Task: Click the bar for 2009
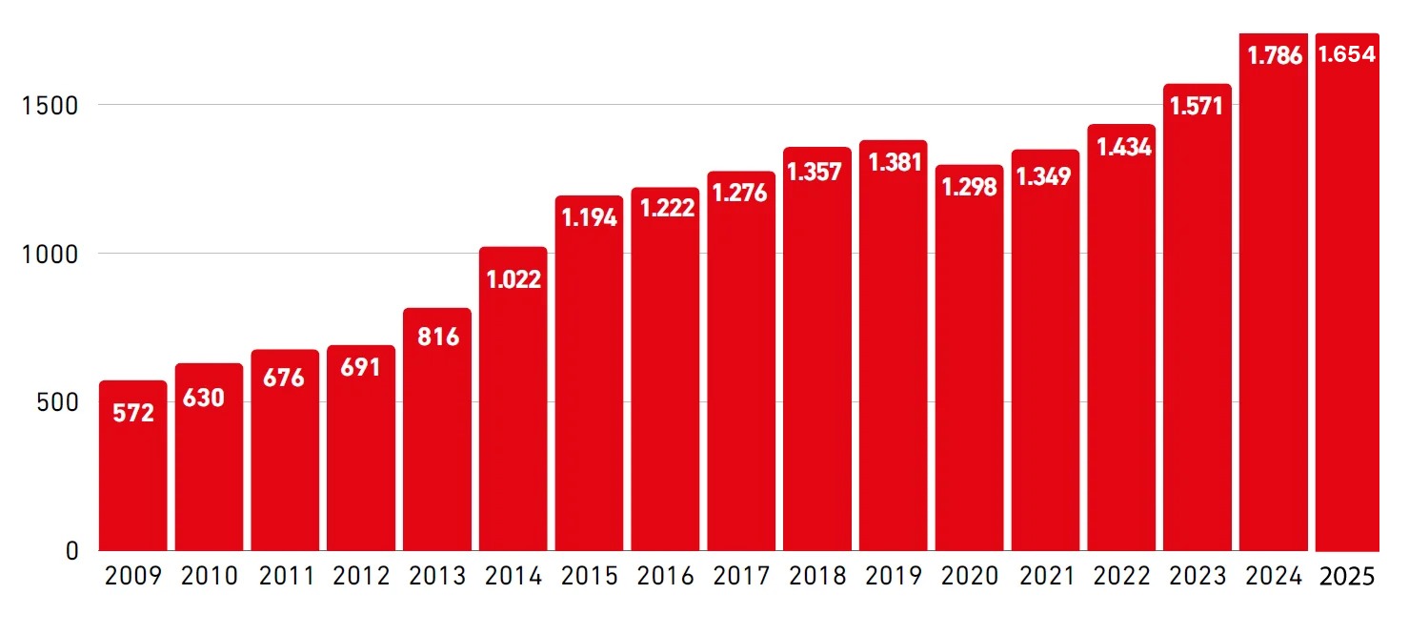(132, 465)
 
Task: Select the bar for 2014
(513, 399)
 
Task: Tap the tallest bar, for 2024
(1273, 292)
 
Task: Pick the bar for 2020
(969, 358)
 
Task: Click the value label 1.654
(1347, 54)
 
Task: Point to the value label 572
(133, 413)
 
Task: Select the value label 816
(438, 337)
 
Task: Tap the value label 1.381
(895, 162)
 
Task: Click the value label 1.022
(513, 279)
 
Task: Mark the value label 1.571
(1197, 106)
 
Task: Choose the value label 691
(360, 367)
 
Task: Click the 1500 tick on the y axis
(50, 106)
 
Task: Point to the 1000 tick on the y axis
(50, 255)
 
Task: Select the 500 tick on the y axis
(57, 402)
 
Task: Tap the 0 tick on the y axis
(71, 551)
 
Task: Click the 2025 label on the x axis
(1347, 577)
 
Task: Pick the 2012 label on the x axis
(361, 575)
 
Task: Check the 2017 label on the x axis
(741, 575)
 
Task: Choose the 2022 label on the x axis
(1121, 575)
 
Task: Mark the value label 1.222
(667, 208)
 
